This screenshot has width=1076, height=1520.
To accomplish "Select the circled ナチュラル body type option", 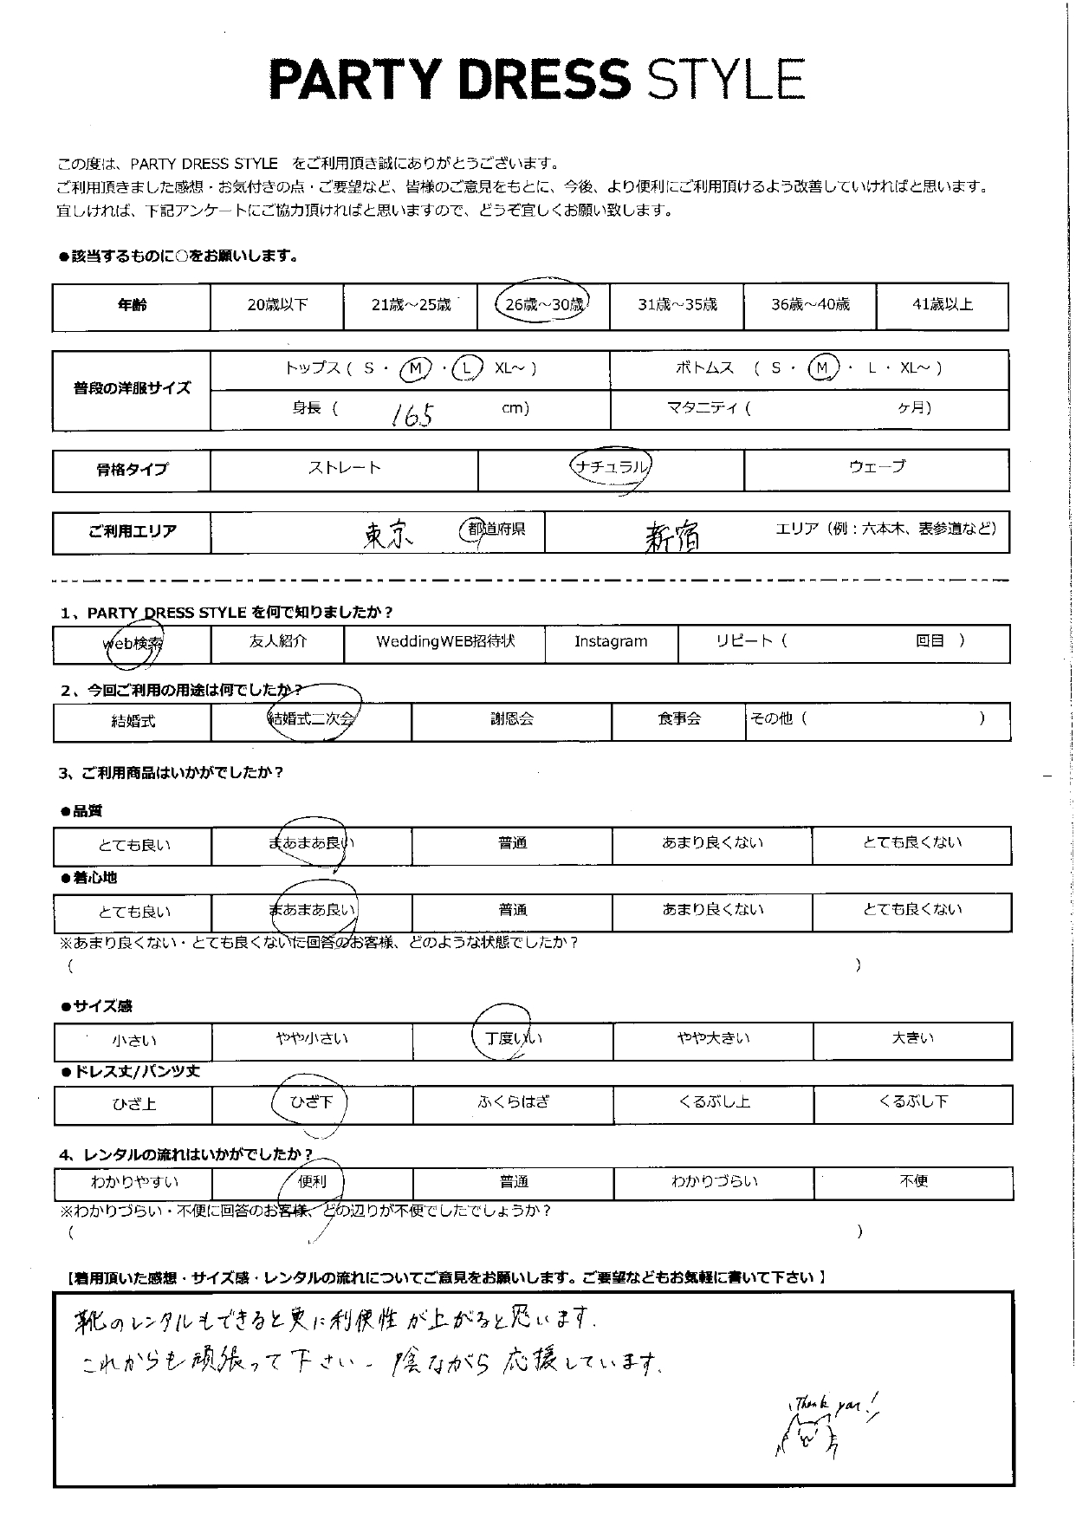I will pos(611,467).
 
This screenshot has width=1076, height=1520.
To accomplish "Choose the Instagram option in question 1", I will pos(611,641).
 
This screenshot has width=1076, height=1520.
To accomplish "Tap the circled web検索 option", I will pos(133,643).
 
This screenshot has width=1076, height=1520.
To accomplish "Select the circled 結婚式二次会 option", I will pos(312,718).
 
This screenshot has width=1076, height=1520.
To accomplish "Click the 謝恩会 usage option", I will pos(511,718).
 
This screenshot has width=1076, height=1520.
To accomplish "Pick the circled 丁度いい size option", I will pos(513,1037).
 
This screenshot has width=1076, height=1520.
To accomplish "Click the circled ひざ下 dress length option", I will pos(309,1102).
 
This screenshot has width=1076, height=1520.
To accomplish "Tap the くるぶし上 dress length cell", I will pos(714,1102).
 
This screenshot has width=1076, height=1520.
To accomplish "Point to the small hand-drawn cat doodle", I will pos(805,1439).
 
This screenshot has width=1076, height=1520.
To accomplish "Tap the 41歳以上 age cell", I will pos(943,304).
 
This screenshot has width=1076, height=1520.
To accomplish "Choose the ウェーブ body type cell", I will pos(877,467).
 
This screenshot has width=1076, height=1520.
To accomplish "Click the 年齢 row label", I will pos(132,305).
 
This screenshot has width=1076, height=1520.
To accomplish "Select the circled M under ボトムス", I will pos(822,368).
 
